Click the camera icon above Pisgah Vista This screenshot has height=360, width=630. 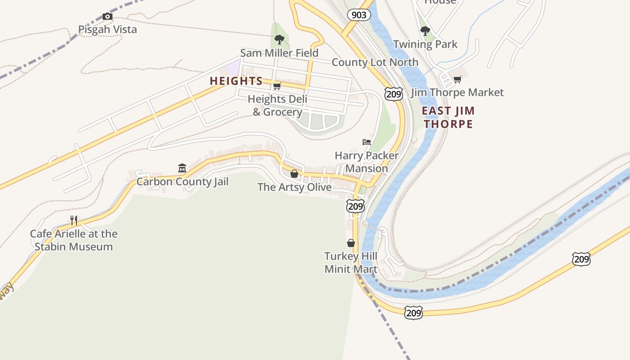(x=107, y=17)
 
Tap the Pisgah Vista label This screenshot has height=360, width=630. (x=108, y=30)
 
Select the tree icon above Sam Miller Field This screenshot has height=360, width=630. (x=279, y=40)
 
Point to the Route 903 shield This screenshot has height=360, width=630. (x=359, y=15)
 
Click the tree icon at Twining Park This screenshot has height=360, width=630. (x=425, y=31)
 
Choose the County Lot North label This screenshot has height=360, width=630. (x=375, y=62)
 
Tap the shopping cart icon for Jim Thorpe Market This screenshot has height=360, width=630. (x=457, y=80)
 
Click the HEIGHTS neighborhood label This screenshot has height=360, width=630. (x=236, y=81)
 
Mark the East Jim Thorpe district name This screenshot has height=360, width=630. (x=448, y=117)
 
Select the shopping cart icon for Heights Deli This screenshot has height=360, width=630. (x=277, y=86)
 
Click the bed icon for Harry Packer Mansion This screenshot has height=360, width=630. (x=367, y=142)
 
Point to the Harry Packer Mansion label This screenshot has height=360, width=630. (x=367, y=162)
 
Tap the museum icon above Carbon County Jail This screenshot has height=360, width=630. (x=182, y=168)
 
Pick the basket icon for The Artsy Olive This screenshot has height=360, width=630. (x=294, y=174)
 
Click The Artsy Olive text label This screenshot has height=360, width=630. (x=294, y=187)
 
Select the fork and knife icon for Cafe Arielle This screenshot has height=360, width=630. (x=74, y=220)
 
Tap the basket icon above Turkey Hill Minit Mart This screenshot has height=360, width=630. (x=351, y=243)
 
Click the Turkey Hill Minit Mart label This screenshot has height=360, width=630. (x=351, y=263)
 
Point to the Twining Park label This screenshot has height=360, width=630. (x=425, y=45)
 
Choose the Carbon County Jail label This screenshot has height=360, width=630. (x=182, y=182)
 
